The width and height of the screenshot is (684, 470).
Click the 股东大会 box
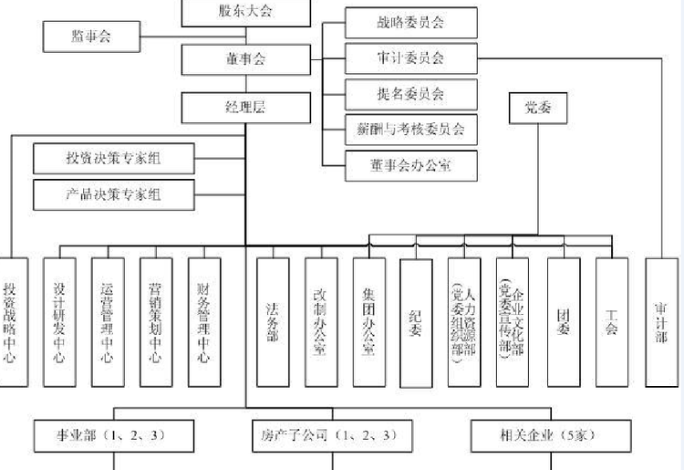click(245, 11)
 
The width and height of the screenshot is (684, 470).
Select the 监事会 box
click(91, 37)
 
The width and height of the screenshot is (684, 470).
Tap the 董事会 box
click(245, 59)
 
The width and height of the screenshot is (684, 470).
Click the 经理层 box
click(245, 108)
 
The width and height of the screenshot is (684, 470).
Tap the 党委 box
click(538, 109)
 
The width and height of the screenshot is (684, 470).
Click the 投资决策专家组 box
click(114, 158)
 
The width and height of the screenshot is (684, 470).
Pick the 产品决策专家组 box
click(114, 193)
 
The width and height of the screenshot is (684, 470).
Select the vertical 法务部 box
click(272, 320)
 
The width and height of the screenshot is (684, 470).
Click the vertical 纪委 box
click(416, 320)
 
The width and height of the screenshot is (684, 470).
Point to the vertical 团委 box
click(563, 320)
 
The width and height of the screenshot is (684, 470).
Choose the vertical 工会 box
click(611, 320)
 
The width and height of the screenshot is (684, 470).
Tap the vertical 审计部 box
click(660, 320)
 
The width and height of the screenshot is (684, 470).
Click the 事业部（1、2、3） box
click(114, 435)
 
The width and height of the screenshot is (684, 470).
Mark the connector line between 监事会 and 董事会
click(161, 37)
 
